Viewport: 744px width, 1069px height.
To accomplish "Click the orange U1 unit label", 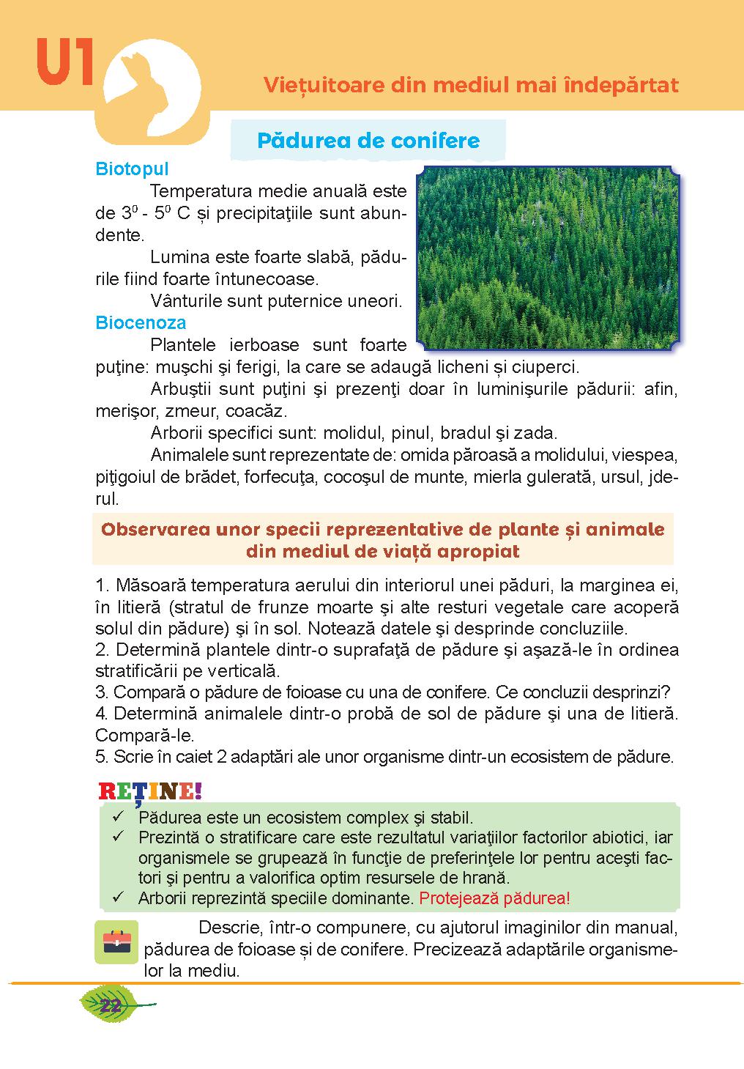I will (x=64, y=64).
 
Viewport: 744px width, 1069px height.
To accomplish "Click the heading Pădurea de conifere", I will (x=368, y=141).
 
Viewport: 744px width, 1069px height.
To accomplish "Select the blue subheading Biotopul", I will (x=132, y=169).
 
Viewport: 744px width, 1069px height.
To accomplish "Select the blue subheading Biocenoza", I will (x=141, y=322).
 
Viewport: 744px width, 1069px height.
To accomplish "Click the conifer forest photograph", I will (x=548, y=256).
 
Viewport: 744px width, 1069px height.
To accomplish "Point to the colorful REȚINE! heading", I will (x=149, y=791).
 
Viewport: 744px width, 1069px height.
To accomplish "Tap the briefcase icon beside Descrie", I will (x=116, y=942).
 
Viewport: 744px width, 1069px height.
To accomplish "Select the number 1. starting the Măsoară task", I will (x=103, y=586).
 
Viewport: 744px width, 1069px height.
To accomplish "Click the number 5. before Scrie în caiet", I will (x=101, y=756).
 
